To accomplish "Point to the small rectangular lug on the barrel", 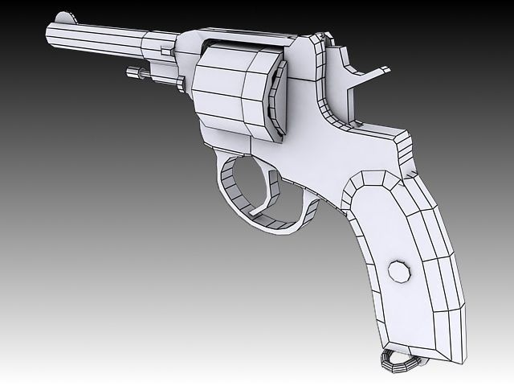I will (166, 51).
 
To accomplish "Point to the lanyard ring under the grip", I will (395, 363).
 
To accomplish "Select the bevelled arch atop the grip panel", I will (377, 181).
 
